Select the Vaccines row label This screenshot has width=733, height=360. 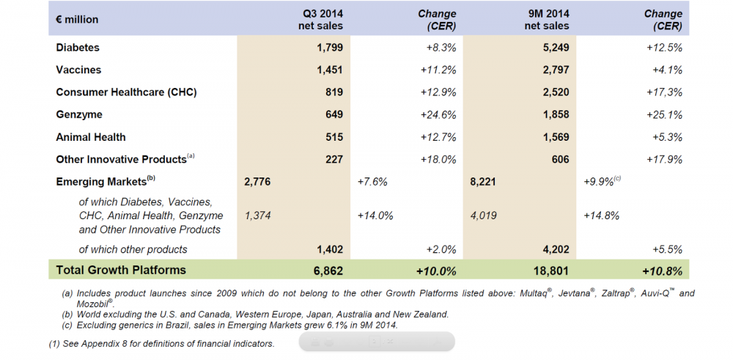coord(78,70)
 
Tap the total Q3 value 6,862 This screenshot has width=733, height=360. coord(328,271)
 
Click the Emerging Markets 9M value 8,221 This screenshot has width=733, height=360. coord(483,180)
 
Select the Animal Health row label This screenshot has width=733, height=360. coord(91,137)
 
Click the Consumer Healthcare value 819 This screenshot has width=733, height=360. coord(334,92)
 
